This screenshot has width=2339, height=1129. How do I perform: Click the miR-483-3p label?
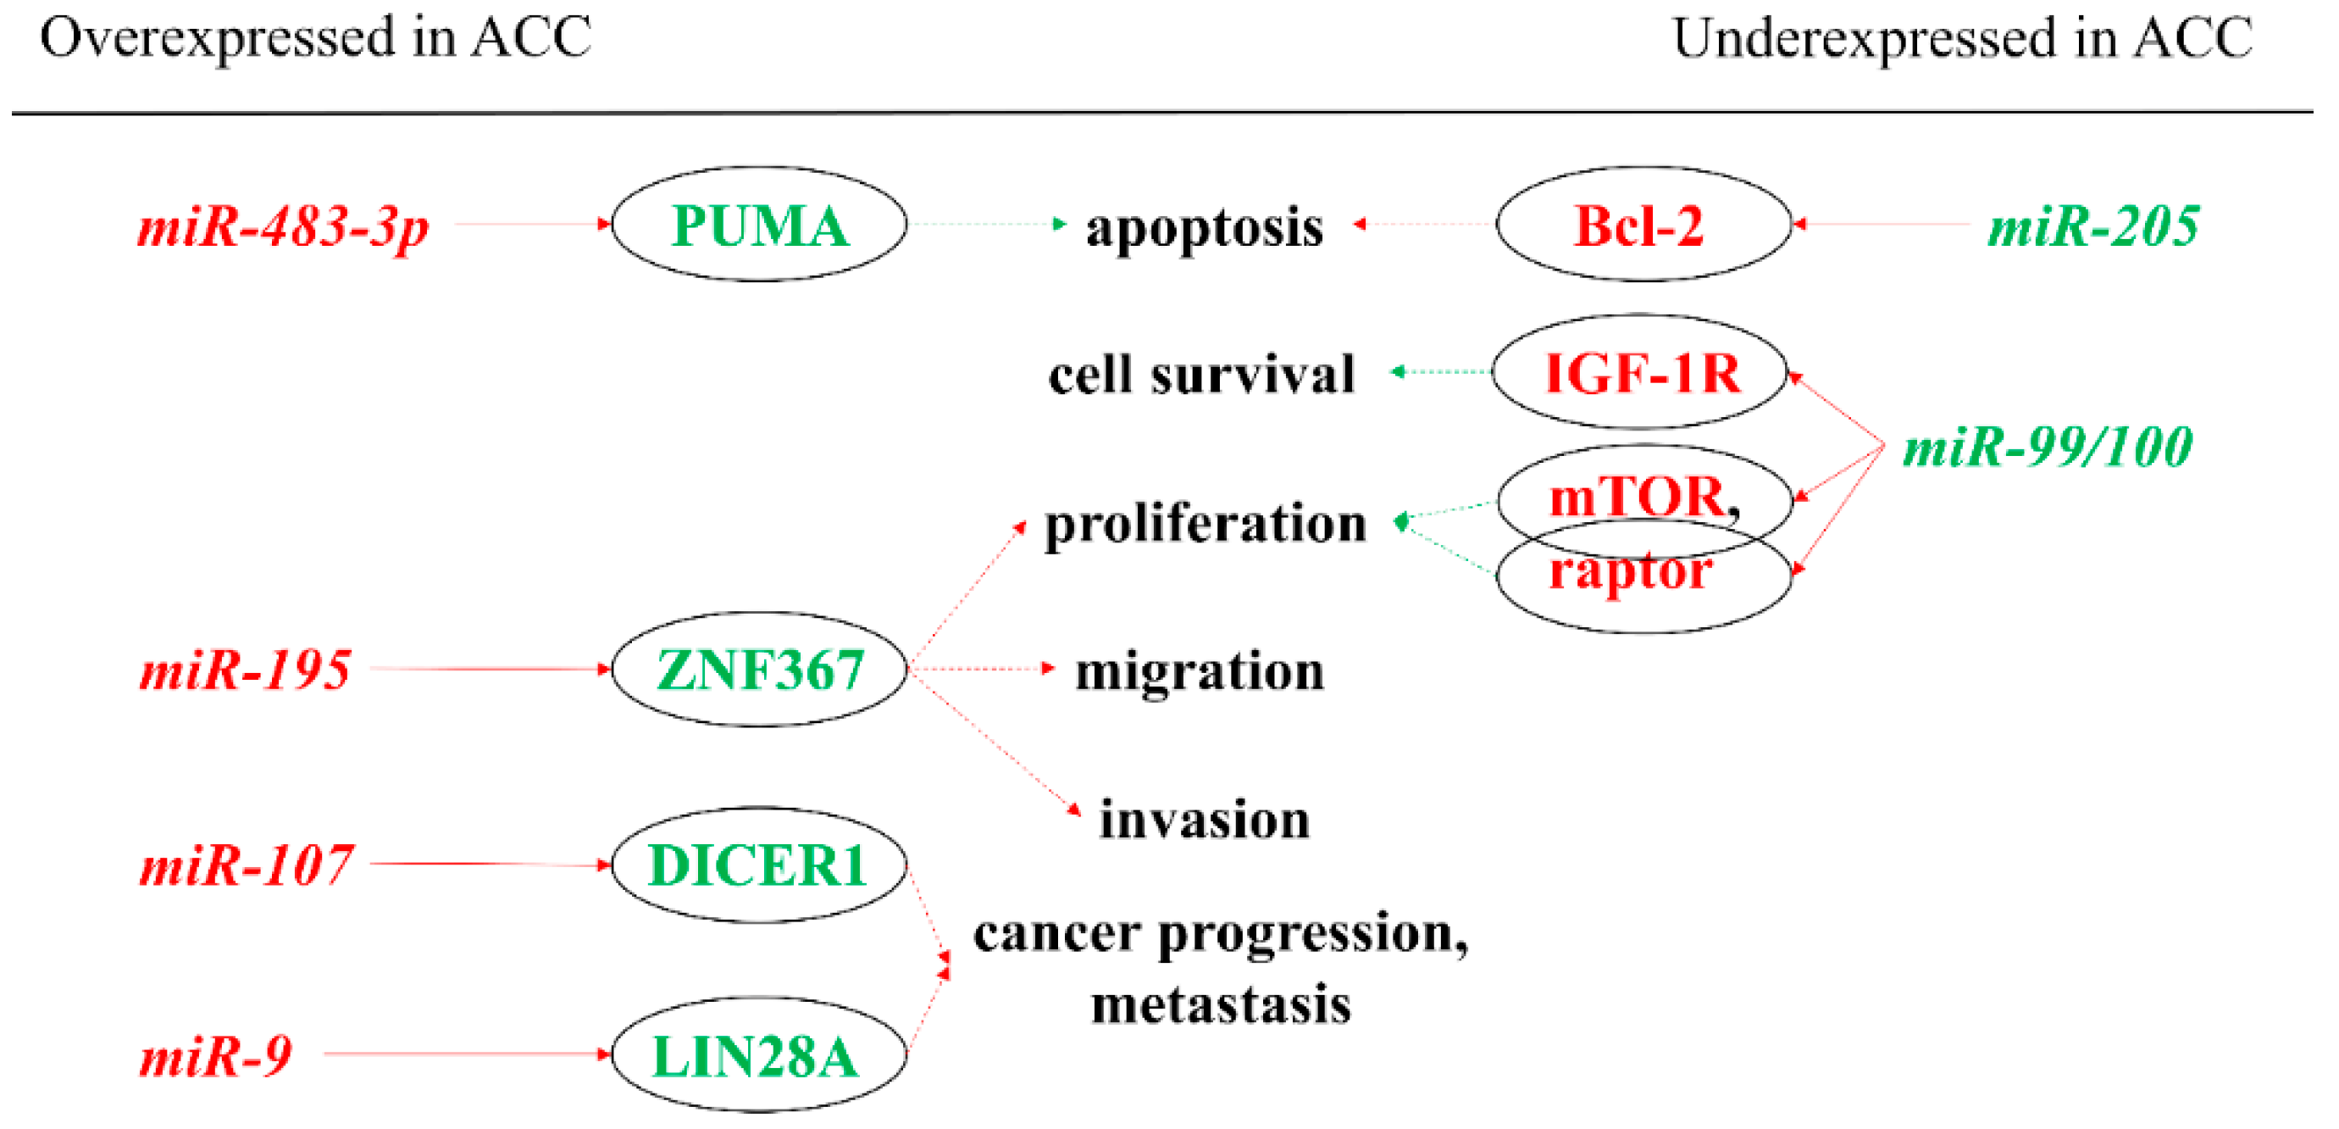point(282,226)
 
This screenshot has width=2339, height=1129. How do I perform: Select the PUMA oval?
point(759,225)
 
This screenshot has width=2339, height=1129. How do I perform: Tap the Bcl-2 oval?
point(1642,225)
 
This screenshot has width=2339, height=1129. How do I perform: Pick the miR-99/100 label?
point(2048,447)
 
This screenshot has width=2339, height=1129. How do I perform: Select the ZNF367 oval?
point(759,670)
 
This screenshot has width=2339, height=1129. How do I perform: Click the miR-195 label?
point(245,670)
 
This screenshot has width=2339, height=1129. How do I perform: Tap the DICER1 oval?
point(759,865)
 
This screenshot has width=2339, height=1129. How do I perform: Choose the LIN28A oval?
point(759,1055)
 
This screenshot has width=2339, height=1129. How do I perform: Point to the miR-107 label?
point(246,865)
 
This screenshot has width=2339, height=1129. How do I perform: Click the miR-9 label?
point(216,1056)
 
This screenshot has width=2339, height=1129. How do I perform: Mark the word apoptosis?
point(1204,227)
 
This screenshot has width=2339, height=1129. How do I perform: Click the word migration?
point(1200,672)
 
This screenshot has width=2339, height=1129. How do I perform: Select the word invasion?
point(1205,820)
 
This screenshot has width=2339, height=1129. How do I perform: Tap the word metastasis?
point(1222,1004)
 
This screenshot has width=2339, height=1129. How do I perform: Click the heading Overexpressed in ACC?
point(316,38)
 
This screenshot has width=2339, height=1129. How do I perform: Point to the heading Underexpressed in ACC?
point(1962,38)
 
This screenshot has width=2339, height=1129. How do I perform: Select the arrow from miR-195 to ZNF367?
point(491,670)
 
